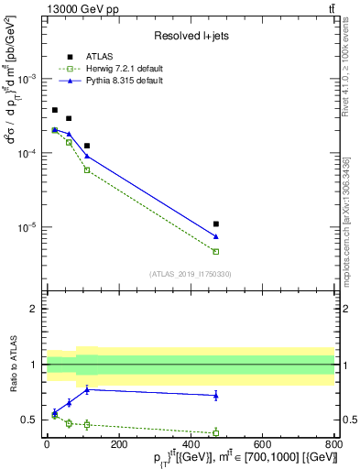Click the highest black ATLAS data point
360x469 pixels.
pos(55,110)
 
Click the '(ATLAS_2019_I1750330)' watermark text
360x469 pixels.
pos(191,274)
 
